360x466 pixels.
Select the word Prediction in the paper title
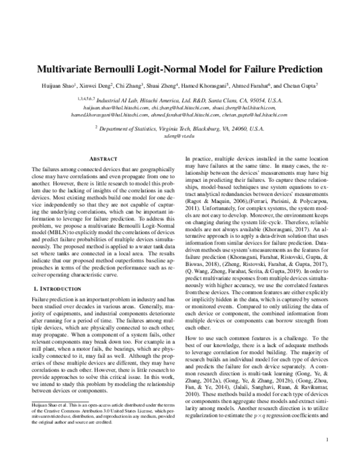click(298, 68)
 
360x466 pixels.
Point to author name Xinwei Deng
click(97, 85)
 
